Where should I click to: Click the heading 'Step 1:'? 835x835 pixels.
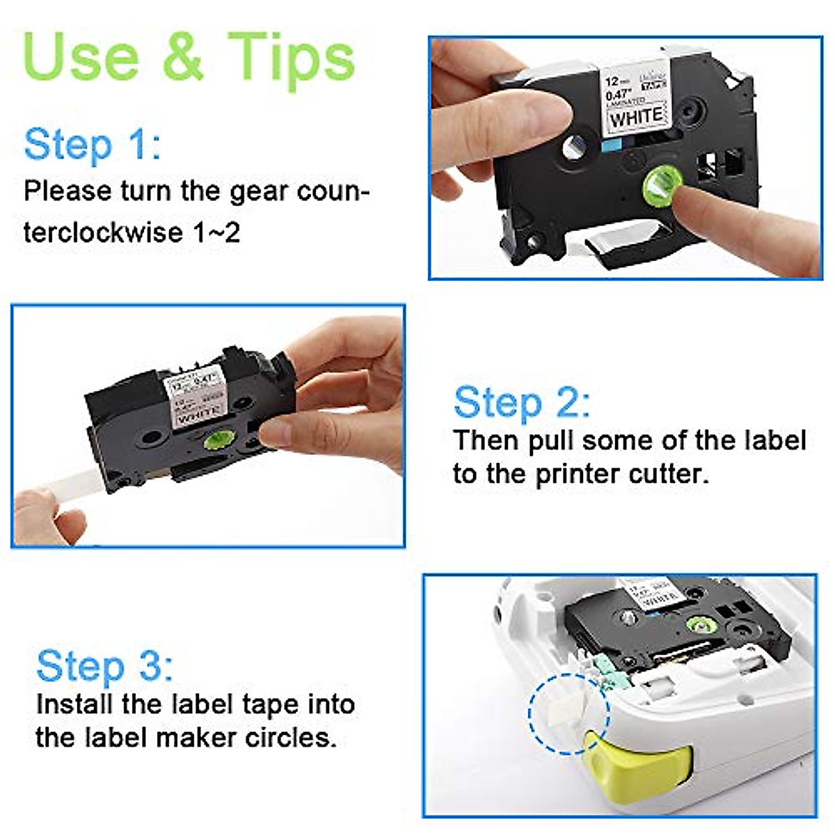pos(92,145)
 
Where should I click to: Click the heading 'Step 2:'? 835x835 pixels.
pos(521,403)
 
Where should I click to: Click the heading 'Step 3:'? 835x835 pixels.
pos(104,666)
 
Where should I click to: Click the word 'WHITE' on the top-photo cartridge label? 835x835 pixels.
pos(636,118)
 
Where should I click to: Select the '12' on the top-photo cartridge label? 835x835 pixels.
pos(611,81)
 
